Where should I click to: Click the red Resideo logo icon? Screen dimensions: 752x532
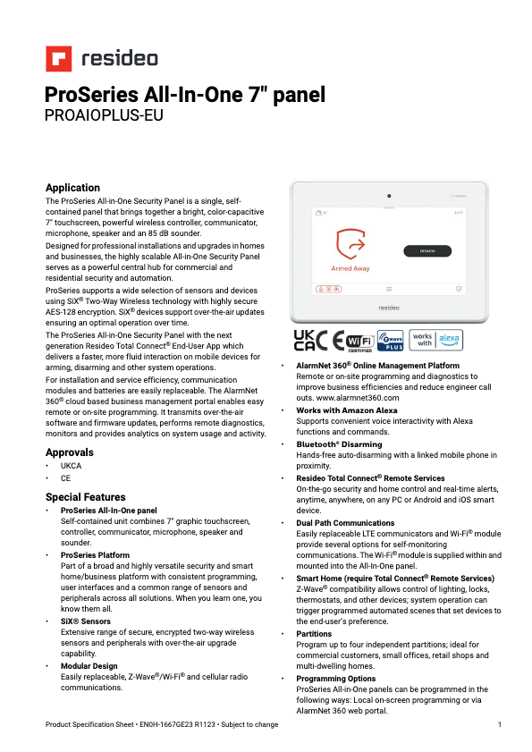click(x=59, y=59)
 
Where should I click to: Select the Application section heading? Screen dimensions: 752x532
click(x=72, y=188)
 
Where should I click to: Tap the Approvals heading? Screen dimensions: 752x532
click(x=70, y=452)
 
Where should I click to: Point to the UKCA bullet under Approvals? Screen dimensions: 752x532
click(x=71, y=467)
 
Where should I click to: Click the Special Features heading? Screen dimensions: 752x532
click(x=85, y=497)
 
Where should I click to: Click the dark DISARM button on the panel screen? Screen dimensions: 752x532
click(x=426, y=251)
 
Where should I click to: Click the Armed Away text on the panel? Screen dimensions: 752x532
click(x=350, y=268)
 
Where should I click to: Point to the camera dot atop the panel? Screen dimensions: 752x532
click(x=389, y=196)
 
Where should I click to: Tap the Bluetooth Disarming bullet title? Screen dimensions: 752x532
click(x=339, y=444)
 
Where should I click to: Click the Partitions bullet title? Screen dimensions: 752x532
click(x=314, y=634)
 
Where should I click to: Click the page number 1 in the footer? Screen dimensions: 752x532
click(x=499, y=723)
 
